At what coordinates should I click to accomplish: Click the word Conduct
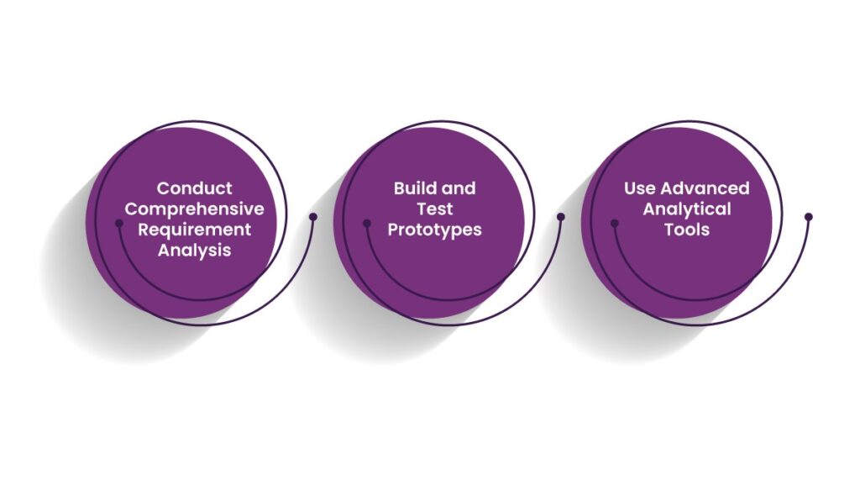[195, 188]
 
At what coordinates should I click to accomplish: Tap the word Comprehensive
[195, 208]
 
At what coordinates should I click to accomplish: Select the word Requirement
[195, 229]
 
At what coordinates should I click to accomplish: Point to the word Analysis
[195, 250]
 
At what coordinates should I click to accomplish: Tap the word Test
[434, 208]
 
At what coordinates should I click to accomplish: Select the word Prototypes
[434, 229]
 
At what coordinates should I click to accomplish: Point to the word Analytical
[687, 208]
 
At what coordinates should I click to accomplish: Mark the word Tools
[687, 229]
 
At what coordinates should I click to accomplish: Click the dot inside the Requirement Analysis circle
[118, 223]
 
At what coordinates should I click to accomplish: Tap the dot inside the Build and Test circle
[366, 223]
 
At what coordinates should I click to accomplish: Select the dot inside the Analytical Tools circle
[614, 223]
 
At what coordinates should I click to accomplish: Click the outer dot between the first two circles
[313, 216]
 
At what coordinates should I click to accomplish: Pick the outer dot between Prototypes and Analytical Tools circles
[561, 216]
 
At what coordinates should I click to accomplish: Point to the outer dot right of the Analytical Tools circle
[809, 216]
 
